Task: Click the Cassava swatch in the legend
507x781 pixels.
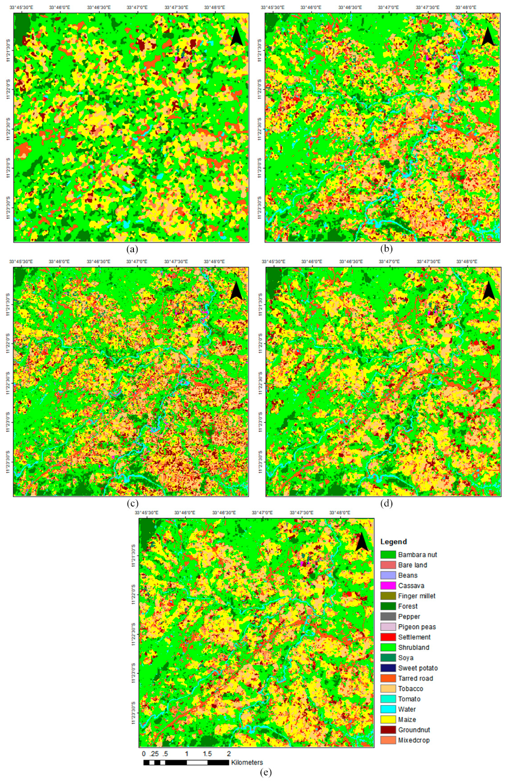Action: (x=388, y=585)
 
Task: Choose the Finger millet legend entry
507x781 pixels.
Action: (x=417, y=596)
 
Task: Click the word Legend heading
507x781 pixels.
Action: (x=393, y=541)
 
